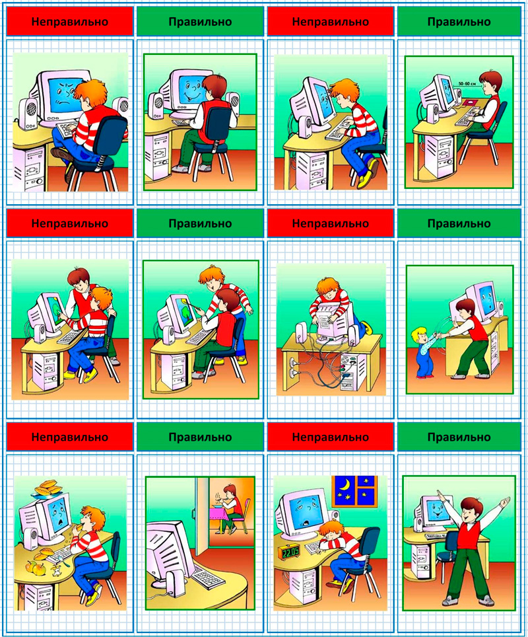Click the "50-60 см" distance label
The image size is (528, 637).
point(467,83)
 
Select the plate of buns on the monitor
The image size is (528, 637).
point(48,488)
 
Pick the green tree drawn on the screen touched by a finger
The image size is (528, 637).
point(55,313)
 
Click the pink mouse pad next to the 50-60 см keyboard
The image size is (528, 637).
point(471,102)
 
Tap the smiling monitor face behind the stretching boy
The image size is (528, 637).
point(438,510)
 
